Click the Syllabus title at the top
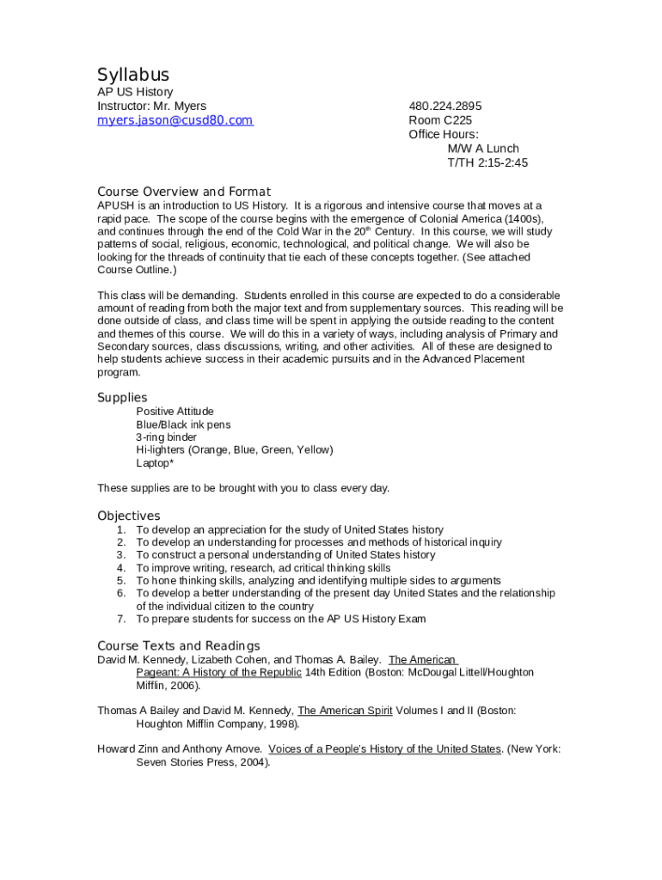[x=133, y=75]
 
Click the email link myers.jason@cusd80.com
[x=175, y=120]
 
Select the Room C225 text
[x=440, y=120]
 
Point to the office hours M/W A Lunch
[x=483, y=149]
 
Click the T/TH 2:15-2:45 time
[x=487, y=162]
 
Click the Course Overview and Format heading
[x=184, y=192]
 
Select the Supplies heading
[x=122, y=398]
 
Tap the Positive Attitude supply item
[x=175, y=412]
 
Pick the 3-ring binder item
[x=166, y=437]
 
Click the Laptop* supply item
[x=155, y=463]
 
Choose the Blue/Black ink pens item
[x=183, y=425]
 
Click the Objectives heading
[x=129, y=516]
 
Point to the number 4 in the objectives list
[x=121, y=568]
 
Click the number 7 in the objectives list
[x=121, y=619]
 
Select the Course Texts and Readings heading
[x=179, y=645]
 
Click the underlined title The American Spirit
[x=345, y=711]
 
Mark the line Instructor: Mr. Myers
[x=151, y=106]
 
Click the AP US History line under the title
[x=135, y=92]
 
